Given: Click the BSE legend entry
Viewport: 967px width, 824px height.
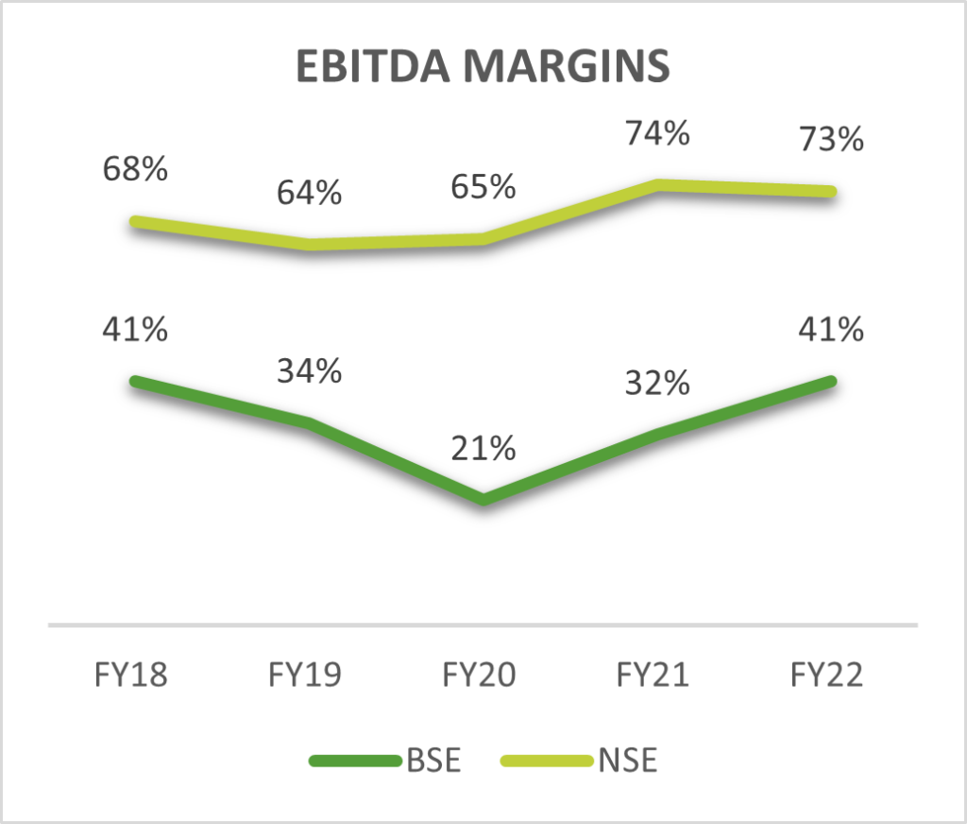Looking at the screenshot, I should pos(435,761).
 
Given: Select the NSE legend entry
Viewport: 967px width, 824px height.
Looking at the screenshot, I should pos(627,761).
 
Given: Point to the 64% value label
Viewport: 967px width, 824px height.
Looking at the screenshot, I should pos(310,193).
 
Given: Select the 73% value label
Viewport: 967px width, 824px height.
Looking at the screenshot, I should pos(831,140).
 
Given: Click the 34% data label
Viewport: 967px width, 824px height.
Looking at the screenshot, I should pos(310,371).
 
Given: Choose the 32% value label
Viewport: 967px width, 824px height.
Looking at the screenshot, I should pos(657,384).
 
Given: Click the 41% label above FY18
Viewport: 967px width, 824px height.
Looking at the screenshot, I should pos(136,330).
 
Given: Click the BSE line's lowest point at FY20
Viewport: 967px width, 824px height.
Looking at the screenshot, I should pos(483,499).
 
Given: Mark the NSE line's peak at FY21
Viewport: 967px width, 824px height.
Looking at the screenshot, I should pos(659,185).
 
